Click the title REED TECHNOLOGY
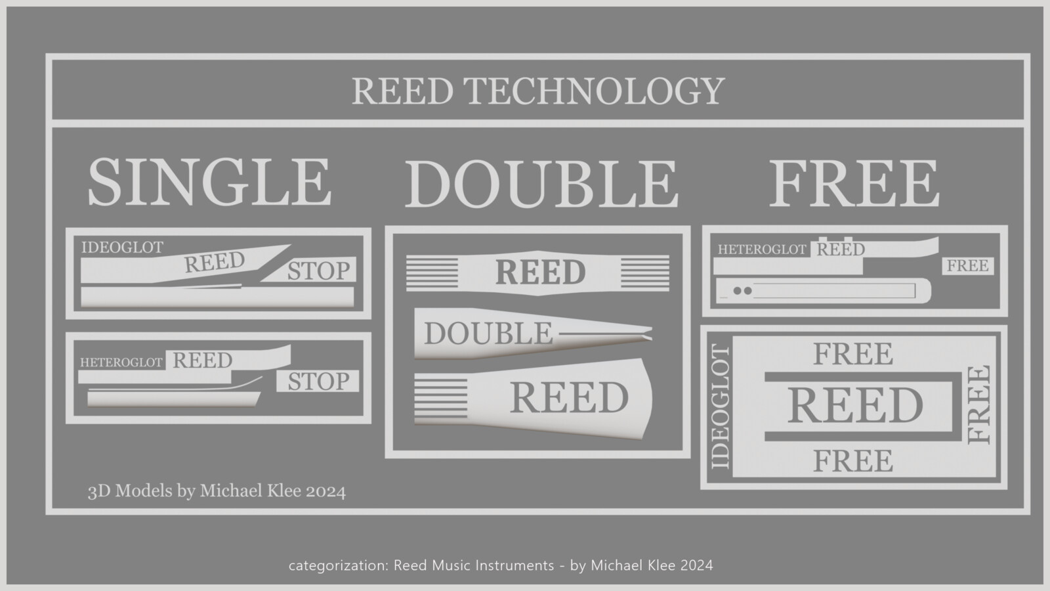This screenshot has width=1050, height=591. point(538,91)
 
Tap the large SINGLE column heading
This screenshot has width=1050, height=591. point(209,182)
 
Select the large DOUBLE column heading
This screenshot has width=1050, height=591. point(541,183)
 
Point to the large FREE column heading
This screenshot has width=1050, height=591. point(854,183)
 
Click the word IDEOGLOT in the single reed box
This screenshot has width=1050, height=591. point(122,247)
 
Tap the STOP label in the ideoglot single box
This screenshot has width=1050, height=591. point(319,271)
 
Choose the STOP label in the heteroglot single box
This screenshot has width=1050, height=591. point(319,381)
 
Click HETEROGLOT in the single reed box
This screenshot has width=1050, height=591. point(121,362)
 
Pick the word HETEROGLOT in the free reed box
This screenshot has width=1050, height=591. point(762,250)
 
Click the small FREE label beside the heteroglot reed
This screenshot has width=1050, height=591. point(967,266)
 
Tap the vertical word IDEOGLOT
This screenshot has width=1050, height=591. point(721,406)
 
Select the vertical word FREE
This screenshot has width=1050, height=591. point(979,405)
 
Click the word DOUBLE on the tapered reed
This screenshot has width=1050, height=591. point(488,334)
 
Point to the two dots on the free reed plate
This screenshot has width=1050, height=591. point(742,291)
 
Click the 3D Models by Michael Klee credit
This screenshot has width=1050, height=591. point(217,491)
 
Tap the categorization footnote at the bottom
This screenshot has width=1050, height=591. point(501,565)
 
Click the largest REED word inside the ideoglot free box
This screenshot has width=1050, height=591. point(854,405)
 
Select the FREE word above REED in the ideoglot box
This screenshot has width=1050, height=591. point(852,354)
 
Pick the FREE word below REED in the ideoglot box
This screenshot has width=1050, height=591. point(852,461)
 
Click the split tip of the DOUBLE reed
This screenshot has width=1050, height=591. point(648,334)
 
